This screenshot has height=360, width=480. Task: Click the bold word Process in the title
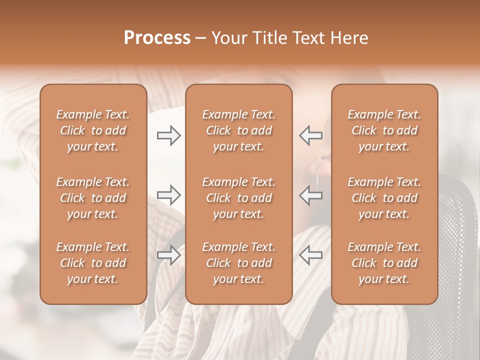(157, 38)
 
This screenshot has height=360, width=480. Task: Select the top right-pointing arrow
(168, 135)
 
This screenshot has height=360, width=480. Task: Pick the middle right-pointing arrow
(168, 195)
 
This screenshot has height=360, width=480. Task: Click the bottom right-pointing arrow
(168, 255)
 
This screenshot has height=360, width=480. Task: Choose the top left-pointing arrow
(310, 135)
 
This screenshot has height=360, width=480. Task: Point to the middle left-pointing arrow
(310, 195)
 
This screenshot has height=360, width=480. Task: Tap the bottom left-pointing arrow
(310, 255)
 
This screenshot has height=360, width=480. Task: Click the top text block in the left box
(93, 130)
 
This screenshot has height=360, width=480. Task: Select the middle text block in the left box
(93, 198)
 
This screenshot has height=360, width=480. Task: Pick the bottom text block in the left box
(93, 263)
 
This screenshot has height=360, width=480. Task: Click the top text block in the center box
(238, 130)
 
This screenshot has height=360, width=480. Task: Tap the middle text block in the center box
(238, 198)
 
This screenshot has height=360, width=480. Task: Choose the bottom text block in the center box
(238, 263)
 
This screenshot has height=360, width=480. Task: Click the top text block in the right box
(384, 130)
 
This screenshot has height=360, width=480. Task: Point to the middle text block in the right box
(384, 198)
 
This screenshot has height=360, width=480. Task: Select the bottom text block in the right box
(384, 263)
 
